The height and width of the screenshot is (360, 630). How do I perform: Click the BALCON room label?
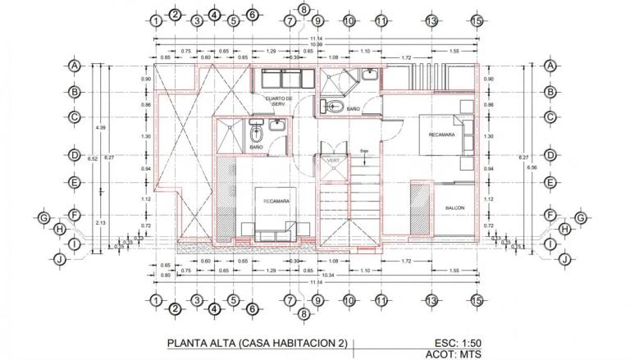[x=454, y=208]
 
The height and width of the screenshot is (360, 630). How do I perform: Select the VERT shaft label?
[x=332, y=160]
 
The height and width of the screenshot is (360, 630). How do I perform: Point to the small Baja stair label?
[x=364, y=151]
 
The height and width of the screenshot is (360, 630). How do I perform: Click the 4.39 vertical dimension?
[x=100, y=127]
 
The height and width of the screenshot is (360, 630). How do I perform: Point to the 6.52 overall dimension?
[x=93, y=158]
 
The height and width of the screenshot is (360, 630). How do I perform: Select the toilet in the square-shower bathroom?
[x=256, y=133]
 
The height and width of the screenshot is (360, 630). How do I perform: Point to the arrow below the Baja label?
[x=364, y=162]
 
